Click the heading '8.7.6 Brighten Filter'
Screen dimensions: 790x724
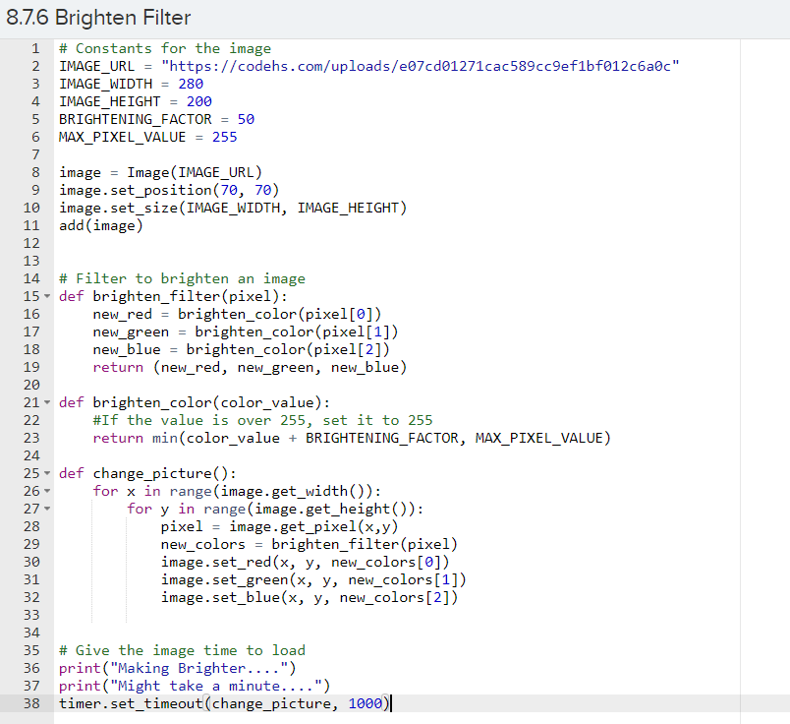[99, 18]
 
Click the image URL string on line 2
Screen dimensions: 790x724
[421, 66]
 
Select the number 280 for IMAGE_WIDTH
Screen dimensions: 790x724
[191, 84]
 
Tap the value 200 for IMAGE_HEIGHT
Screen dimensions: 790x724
[198, 101]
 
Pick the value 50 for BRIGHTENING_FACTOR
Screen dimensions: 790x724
[246, 119]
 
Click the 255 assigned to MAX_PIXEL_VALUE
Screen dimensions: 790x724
[224, 137]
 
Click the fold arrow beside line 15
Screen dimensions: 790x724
[48, 296]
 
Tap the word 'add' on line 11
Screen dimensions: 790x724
[72, 225]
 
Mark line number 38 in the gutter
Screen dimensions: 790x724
[30, 703]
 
